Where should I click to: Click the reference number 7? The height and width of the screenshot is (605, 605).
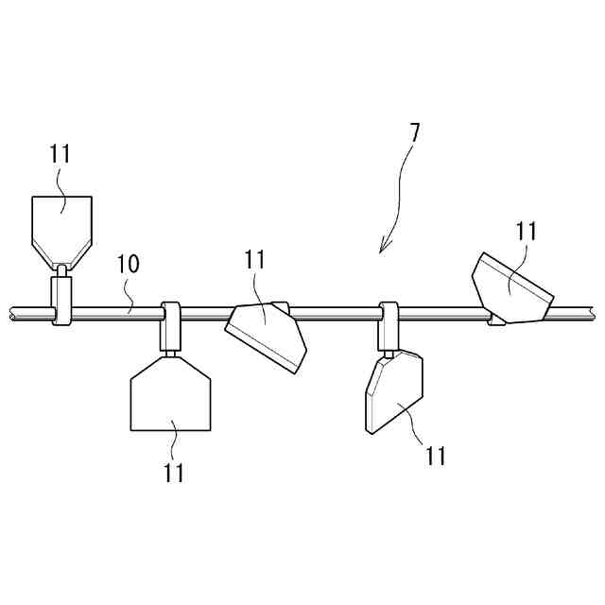click(415, 131)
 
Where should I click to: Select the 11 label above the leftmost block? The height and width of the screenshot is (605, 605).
click(60, 154)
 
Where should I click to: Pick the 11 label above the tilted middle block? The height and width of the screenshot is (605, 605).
click(254, 259)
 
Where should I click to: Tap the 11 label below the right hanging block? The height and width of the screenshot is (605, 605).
click(434, 457)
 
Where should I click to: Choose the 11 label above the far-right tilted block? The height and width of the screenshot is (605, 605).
click(527, 230)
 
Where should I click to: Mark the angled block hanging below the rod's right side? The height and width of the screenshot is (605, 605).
click(395, 393)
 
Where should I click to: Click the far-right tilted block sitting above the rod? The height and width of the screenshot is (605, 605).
click(511, 288)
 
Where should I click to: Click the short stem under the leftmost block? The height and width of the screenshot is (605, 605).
click(61, 272)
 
